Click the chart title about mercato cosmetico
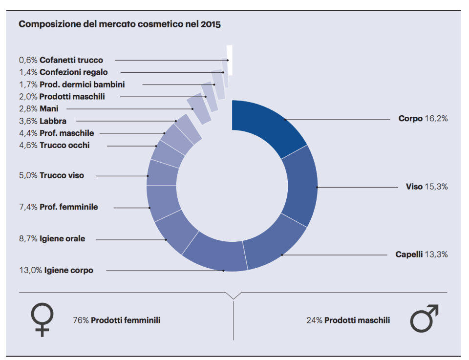[119, 24]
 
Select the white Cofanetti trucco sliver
[229, 60]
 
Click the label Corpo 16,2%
[423, 119]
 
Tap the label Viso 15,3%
[426, 187]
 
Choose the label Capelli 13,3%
[422, 254]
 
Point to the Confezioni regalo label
[63, 72]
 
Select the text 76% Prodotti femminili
[116, 320]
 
